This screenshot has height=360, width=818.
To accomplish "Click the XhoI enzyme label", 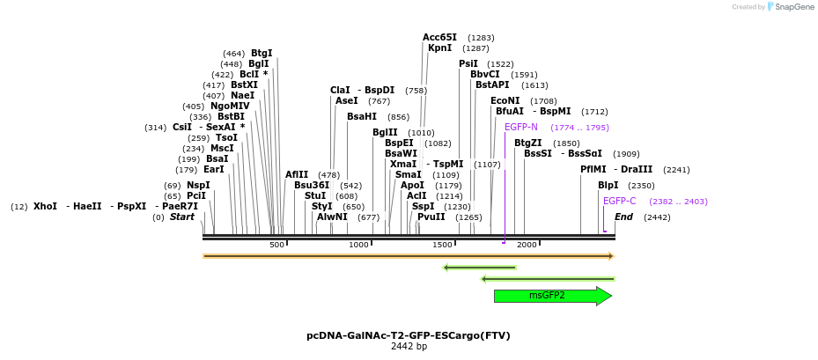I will tap(45, 206).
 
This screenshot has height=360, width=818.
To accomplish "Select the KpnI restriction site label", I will tap(439, 48).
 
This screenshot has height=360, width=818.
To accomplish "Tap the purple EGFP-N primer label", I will tap(520, 128).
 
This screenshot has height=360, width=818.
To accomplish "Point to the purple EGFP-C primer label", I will tap(619, 202).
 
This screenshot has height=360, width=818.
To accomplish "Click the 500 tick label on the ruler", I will tap(276, 245).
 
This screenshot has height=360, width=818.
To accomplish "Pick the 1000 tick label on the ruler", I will tap(359, 245).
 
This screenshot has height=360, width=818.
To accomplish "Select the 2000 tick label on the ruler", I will tap(526, 245).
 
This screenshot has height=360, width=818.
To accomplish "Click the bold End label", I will tap(623, 217).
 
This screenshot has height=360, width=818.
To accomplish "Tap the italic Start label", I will tap(182, 217).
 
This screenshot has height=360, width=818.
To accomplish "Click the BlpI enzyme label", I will tap(608, 186).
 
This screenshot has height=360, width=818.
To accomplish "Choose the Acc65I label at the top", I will tap(439, 37).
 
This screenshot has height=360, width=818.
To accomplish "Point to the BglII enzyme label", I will tap(385, 133).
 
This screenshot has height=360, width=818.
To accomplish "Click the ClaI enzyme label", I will tap(340, 91).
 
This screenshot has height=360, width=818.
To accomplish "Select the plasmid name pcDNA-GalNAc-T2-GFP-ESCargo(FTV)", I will tap(409, 335).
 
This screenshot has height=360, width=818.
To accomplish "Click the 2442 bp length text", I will tap(409, 347).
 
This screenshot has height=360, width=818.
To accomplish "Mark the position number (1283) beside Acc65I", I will tap(481, 38).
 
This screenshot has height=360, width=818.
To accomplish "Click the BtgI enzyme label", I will tap(262, 54).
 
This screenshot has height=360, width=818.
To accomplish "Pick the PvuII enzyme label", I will tap(431, 217).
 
